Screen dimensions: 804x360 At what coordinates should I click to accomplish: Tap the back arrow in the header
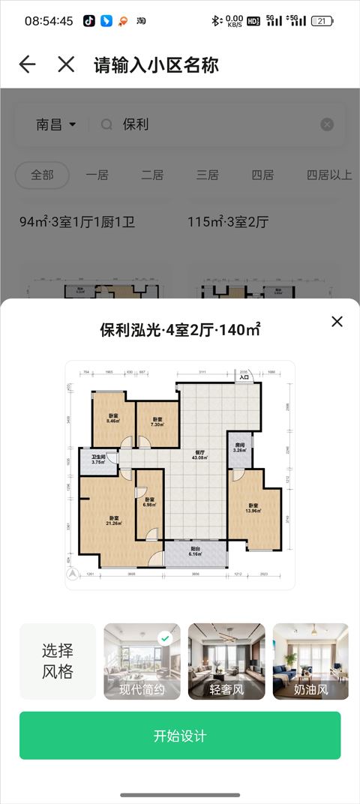point(28,64)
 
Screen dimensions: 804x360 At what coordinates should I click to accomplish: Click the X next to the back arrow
point(66,64)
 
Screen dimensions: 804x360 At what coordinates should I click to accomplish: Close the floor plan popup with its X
point(337,322)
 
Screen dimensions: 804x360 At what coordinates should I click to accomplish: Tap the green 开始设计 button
point(180,736)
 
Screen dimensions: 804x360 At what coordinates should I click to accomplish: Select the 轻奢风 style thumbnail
point(226,661)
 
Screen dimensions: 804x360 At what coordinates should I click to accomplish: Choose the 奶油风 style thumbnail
point(310,661)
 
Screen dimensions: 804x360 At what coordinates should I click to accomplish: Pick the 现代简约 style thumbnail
point(142,661)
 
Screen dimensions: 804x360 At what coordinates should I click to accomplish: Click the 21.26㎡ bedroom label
point(114,521)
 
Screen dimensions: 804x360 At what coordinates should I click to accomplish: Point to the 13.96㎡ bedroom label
point(253,508)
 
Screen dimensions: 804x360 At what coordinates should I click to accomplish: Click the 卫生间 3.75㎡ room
point(98,460)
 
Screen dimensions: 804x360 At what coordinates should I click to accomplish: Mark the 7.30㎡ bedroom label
point(157,422)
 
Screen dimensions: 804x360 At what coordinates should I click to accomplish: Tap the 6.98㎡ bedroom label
point(149,502)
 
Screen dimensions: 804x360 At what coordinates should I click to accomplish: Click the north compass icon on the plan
point(72,574)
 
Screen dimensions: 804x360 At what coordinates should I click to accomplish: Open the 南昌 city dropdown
point(56,124)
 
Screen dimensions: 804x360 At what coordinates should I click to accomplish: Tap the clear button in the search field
point(327,124)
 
